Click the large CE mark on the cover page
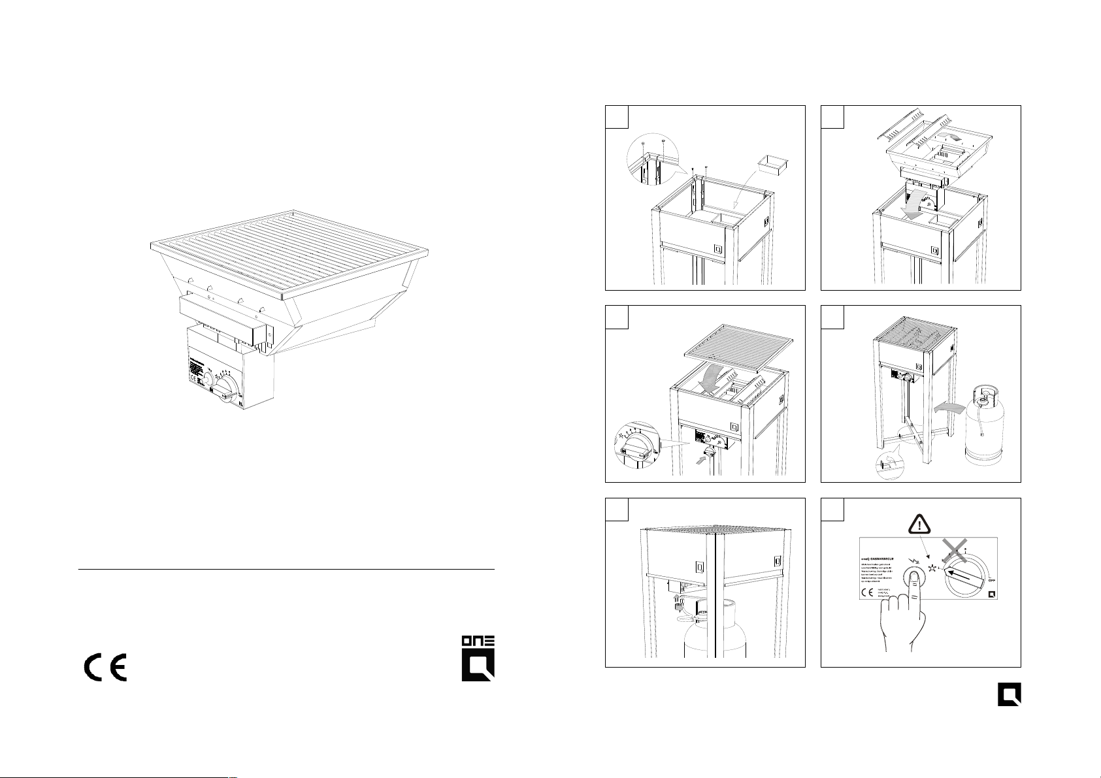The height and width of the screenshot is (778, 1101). click(x=105, y=667)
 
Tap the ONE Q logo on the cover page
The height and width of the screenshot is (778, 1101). click(x=478, y=657)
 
